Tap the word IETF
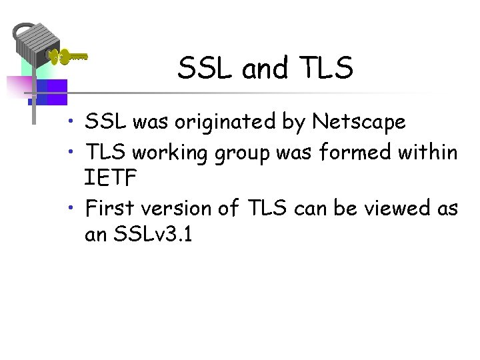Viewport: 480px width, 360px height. pyautogui.click(x=111, y=179)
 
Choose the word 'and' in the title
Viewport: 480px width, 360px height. pyautogui.click(x=264, y=68)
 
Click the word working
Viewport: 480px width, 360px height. pyautogui.click(x=170, y=153)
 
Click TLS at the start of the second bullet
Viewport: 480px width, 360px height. pyautogui.click(x=107, y=152)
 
